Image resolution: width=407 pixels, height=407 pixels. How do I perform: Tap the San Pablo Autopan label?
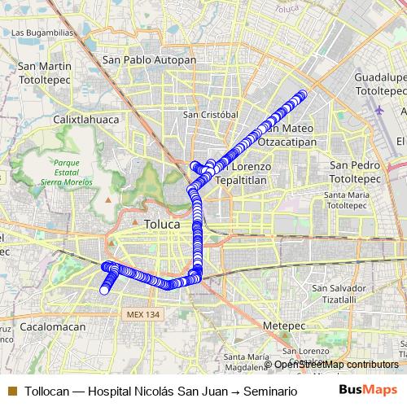click(149, 60)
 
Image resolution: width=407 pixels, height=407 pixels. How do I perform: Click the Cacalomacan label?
click(53, 326)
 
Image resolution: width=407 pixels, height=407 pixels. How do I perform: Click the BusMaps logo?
click(367, 391)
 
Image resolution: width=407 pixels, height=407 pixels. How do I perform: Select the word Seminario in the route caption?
click(269, 392)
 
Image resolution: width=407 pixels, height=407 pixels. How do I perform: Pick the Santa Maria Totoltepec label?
click(352, 200)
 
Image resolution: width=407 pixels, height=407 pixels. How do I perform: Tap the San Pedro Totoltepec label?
click(356, 171)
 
